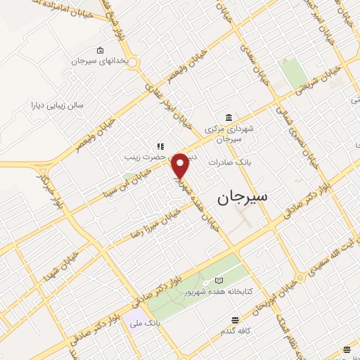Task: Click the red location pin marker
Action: pyautogui.click(x=181, y=165)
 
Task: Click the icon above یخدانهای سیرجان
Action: pyautogui.click(x=100, y=50)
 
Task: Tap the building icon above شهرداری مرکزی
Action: pyautogui.click(x=229, y=117)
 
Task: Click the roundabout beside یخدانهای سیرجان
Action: pyautogui.click(x=134, y=64)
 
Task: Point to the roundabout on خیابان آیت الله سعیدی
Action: pyautogui.click(x=300, y=278)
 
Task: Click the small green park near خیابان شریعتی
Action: pyautogui.click(x=292, y=72)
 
